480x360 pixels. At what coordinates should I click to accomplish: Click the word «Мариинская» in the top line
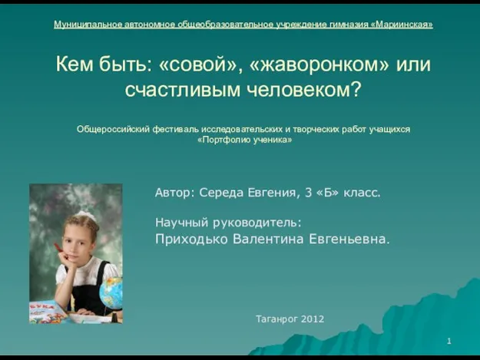point(402,25)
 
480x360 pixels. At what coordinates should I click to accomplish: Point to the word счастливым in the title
point(183,90)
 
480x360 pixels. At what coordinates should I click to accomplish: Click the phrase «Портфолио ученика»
point(244,140)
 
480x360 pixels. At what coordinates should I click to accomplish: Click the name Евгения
point(272,193)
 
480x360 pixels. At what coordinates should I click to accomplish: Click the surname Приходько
point(191,239)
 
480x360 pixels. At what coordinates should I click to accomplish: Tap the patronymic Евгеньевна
point(349,239)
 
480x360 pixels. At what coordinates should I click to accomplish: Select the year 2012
point(313,319)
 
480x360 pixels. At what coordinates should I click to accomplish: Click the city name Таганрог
point(276,319)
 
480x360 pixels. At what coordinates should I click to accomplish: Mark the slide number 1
point(449,341)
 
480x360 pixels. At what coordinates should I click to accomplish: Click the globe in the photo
point(111,292)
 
